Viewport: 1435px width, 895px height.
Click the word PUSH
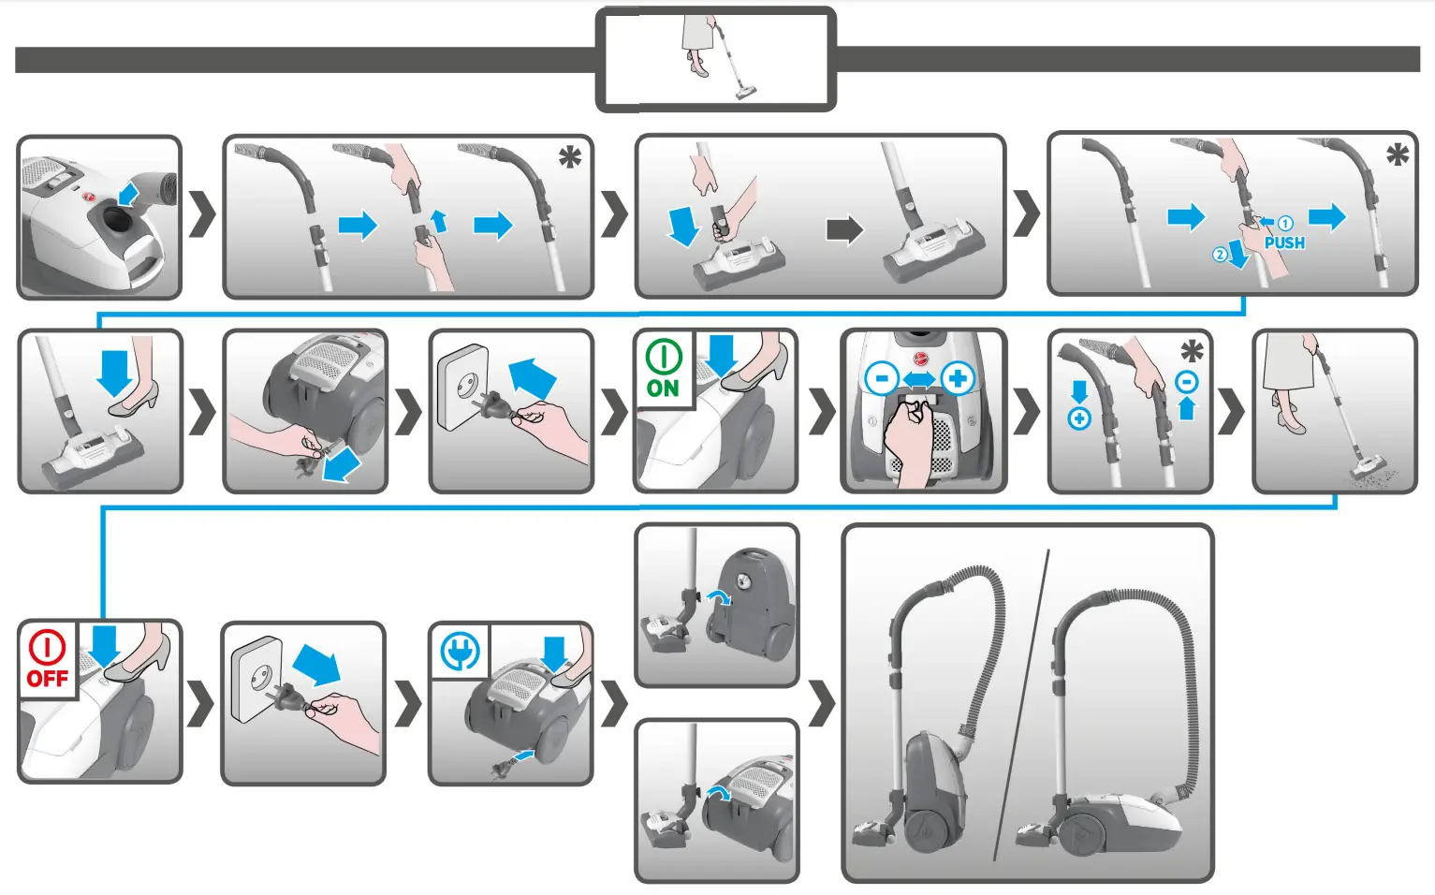coord(1283,243)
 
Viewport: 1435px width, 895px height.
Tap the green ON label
coord(663,389)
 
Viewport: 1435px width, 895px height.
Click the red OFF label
coord(47,678)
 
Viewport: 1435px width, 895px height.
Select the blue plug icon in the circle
coord(460,651)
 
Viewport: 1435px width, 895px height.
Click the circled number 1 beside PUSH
coord(1285,224)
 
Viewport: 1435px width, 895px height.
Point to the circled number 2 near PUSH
coord(1219,255)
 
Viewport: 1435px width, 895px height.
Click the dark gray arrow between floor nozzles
coord(843,229)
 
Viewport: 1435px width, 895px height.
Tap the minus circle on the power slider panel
coord(881,379)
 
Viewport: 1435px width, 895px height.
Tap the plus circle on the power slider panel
coord(958,379)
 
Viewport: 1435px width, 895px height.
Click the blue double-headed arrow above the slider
coord(919,379)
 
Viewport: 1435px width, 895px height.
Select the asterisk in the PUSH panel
coord(1397,154)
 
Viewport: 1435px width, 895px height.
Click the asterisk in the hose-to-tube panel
coord(569,157)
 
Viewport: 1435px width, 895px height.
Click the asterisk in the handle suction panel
coord(1192,352)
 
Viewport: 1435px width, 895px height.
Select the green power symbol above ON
coord(663,357)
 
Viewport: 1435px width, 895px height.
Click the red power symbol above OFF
coord(47,647)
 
